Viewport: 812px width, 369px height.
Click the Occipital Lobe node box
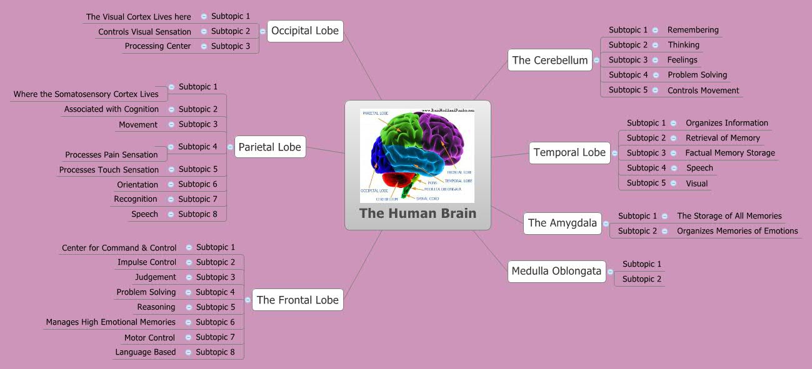coord(305,31)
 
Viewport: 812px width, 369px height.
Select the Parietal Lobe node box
coord(269,147)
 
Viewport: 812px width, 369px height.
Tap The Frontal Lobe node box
coord(298,300)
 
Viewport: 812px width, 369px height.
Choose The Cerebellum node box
coord(549,60)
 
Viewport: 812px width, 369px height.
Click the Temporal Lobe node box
coord(569,152)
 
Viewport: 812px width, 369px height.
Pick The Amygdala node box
coord(562,223)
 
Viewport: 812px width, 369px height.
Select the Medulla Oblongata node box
coord(556,271)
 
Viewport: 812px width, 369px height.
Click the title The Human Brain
coord(418,214)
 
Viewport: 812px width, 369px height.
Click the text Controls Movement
coord(703,91)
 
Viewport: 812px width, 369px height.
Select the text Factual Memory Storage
coord(729,153)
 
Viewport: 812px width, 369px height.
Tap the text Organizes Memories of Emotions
coord(737,231)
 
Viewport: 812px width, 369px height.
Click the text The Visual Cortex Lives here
coord(138,17)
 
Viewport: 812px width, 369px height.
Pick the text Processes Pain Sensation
coord(111,155)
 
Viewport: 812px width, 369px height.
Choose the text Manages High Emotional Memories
coord(111,322)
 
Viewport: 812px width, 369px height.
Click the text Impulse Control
coord(147,262)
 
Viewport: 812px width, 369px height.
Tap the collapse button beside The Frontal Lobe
coord(248,300)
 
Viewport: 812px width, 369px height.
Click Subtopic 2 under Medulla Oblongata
coord(641,279)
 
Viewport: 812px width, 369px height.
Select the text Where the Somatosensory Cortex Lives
coord(86,94)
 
